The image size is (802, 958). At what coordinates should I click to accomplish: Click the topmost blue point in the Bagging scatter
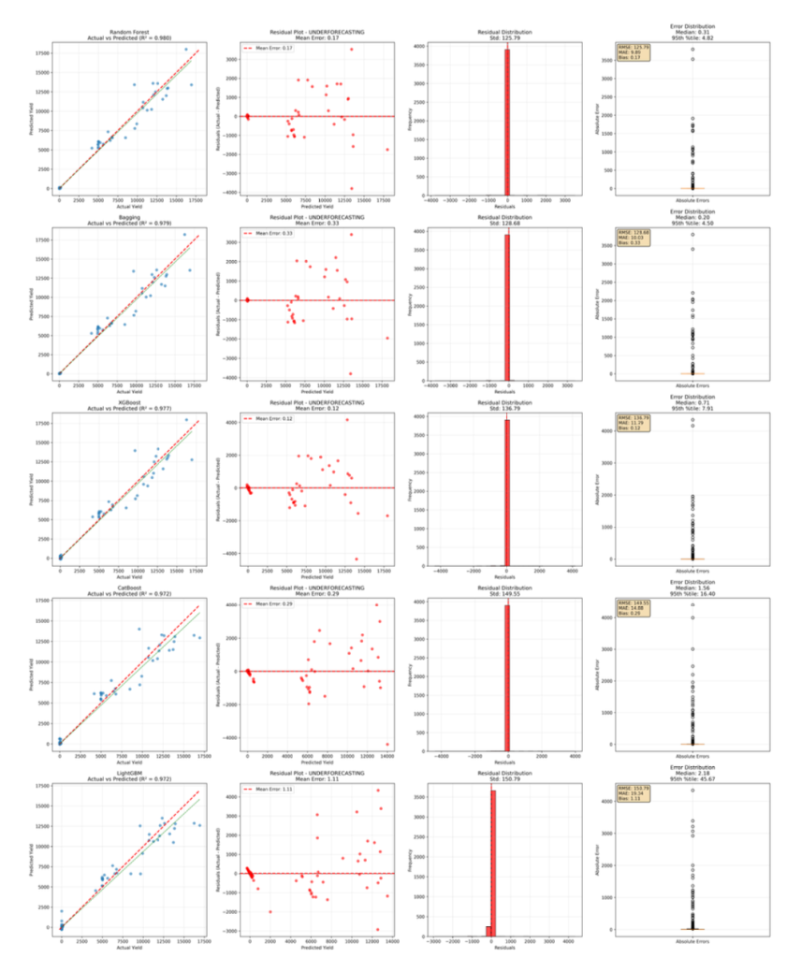pos(184,235)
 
